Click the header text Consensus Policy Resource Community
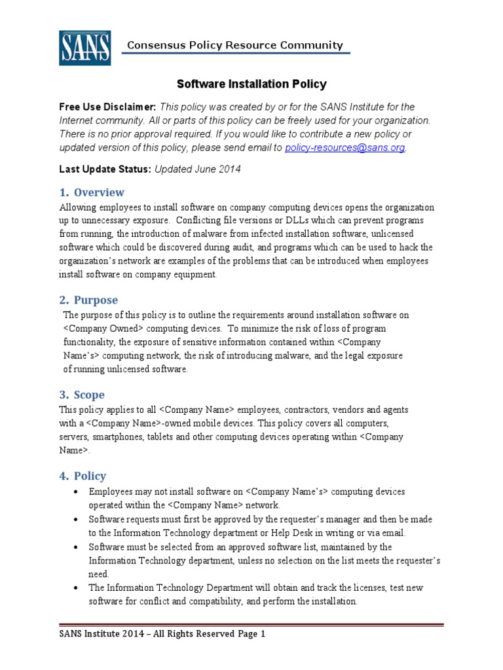[x=234, y=45]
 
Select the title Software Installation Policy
[x=251, y=84]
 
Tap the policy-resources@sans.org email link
[x=345, y=148]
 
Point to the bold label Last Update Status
[x=105, y=169]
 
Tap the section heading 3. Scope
[x=82, y=395]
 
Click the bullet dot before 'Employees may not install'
[x=77, y=492]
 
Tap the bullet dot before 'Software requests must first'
[x=77, y=520]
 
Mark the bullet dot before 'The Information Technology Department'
[x=77, y=588]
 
